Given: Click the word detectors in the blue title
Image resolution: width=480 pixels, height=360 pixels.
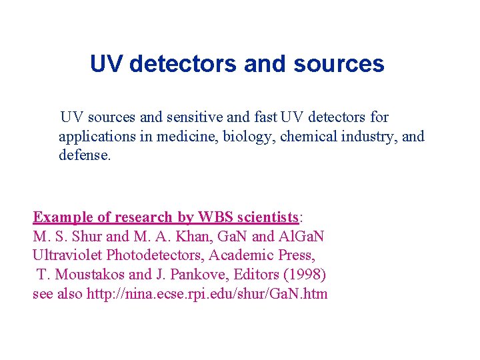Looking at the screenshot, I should (x=183, y=64).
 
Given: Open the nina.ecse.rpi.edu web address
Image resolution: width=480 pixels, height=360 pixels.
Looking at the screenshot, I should (x=207, y=294).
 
